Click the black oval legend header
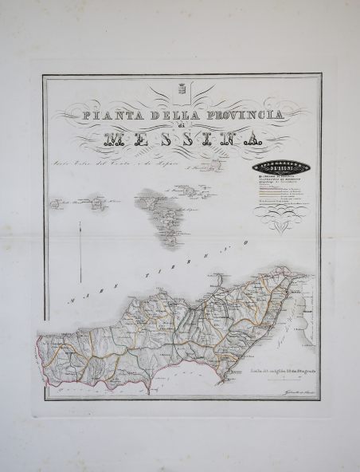coord(284,167)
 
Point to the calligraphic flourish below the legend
coord(284,226)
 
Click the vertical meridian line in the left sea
coord(80,250)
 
